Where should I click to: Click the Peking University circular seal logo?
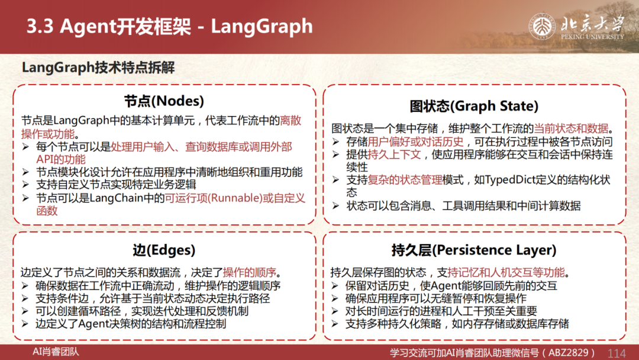pyautogui.click(x=542, y=27)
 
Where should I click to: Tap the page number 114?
pyautogui.click(x=617, y=353)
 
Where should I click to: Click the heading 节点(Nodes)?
pyautogui.click(x=164, y=101)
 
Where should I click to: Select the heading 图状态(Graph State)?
pyautogui.click(x=474, y=106)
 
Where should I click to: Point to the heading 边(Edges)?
pyautogui.click(x=164, y=250)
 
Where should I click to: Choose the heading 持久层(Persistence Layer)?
pyautogui.click(x=474, y=250)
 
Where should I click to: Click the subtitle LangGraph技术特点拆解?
pyautogui.click(x=98, y=67)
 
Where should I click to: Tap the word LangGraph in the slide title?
pyautogui.click(x=262, y=27)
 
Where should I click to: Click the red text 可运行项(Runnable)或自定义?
pyautogui.click(x=235, y=198)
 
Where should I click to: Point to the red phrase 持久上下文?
pyautogui.click(x=394, y=155)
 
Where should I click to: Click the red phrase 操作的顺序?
pyautogui.click(x=250, y=272)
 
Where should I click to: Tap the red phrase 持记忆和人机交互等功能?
pyautogui.click(x=506, y=272)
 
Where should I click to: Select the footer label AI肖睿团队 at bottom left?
pyautogui.click(x=56, y=352)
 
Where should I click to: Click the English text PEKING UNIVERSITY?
pyautogui.click(x=592, y=37)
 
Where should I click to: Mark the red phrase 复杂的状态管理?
pyautogui.click(x=405, y=180)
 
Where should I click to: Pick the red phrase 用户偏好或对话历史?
pyautogui.click(x=416, y=142)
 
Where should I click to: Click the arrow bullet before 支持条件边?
pyautogui.click(x=25, y=298)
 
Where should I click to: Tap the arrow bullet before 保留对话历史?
pyautogui.click(x=335, y=285)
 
